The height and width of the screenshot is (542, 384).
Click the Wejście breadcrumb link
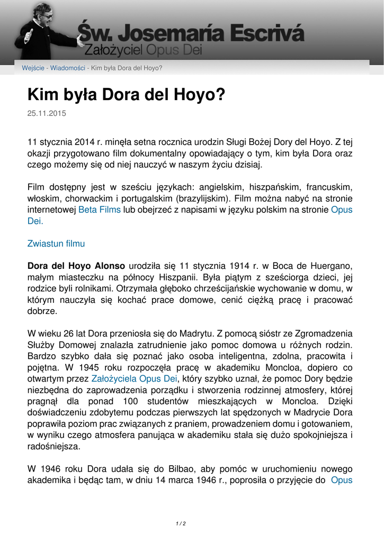pos(33,68)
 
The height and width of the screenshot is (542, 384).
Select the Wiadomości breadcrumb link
pos(68,68)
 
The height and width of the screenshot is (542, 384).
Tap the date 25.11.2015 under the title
pos(47,113)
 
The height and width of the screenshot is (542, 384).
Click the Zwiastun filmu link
pos(56,244)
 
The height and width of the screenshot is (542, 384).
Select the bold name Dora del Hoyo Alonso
pos(76,266)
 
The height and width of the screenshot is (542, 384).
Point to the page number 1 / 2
pos(181,523)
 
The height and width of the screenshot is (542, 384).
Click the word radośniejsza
pos(54,447)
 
